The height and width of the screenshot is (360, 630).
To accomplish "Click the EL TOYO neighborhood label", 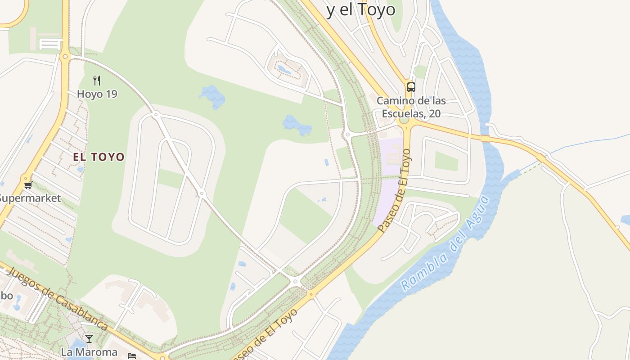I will (99, 157).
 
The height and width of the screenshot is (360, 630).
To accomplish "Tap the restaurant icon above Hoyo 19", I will (97, 81).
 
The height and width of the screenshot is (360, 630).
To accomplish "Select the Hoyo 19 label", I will (97, 94).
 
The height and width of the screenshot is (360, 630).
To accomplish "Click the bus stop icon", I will (411, 87).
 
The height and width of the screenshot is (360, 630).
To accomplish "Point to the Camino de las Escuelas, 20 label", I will (411, 107).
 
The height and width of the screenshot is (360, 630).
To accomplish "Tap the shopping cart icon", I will (28, 185).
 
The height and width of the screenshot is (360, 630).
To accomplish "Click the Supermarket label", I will (30, 198).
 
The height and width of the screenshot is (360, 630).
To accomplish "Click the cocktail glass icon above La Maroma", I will (89, 338).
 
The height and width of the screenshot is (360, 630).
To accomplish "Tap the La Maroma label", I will (89, 352).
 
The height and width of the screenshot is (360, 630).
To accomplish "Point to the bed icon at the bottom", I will (132, 356).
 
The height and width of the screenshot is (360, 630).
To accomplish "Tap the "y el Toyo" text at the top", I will (361, 10).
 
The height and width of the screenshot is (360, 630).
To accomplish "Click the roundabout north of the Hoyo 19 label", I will (65, 57).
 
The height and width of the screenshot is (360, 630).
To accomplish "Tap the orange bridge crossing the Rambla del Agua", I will (485, 139).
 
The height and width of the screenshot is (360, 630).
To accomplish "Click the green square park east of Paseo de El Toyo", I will (446, 161).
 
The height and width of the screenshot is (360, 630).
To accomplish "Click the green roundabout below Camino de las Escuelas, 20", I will (404, 120).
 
